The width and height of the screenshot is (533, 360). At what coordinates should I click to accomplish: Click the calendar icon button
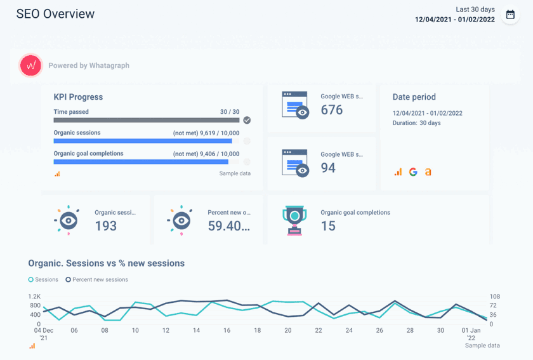(x=510, y=15)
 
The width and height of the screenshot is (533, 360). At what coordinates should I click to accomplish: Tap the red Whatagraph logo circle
(x=30, y=65)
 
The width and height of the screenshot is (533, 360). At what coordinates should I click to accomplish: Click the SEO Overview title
(x=55, y=14)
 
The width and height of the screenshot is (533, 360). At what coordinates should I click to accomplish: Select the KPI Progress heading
(x=78, y=97)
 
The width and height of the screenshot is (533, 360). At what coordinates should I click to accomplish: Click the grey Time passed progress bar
(x=147, y=120)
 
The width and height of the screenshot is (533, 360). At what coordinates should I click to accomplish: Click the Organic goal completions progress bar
(x=147, y=162)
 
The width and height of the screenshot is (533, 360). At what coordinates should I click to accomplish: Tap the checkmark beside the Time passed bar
(x=247, y=120)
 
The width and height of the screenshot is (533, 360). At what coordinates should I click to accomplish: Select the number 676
(x=332, y=110)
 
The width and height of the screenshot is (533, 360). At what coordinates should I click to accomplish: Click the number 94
(x=328, y=168)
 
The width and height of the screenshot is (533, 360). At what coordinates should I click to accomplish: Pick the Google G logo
(x=413, y=172)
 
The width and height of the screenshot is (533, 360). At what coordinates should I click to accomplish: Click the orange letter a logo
(x=428, y=172)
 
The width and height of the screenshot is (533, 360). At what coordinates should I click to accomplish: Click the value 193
(x=106, y=225)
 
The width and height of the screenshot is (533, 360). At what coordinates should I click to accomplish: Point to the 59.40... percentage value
(x=229, y=225)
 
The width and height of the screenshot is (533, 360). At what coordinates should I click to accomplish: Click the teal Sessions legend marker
(x=31, y=279)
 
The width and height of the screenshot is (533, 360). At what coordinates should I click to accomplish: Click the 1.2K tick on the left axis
(x=34, y=297)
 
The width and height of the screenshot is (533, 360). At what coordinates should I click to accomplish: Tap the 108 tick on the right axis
(x=495, y=297)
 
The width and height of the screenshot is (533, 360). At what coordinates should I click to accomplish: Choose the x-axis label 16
(x=227, y=331)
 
